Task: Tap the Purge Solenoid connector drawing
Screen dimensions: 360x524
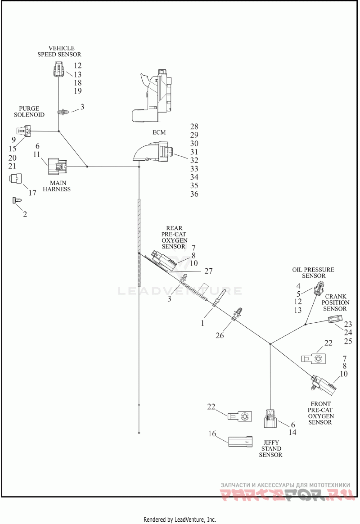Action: coord(23,131)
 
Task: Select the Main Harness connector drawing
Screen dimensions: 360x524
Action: coord(57,166)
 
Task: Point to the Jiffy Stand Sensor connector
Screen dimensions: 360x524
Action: coord(270,418)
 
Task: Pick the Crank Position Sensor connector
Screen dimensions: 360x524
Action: coord(334,320)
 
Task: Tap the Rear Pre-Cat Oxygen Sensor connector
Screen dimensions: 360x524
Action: coord(163,260)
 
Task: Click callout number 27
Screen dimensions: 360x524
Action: coord(208,271)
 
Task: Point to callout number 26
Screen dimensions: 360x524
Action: coord(220,335)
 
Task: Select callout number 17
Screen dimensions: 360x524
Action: coord(32,193)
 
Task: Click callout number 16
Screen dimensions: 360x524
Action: coord(212,434)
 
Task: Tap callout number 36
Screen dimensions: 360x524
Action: coord(194,194)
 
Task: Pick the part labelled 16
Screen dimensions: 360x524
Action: coord(240,441)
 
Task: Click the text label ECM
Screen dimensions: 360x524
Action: coord(159,132)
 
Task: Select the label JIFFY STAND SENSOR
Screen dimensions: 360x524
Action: coord(270,449)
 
